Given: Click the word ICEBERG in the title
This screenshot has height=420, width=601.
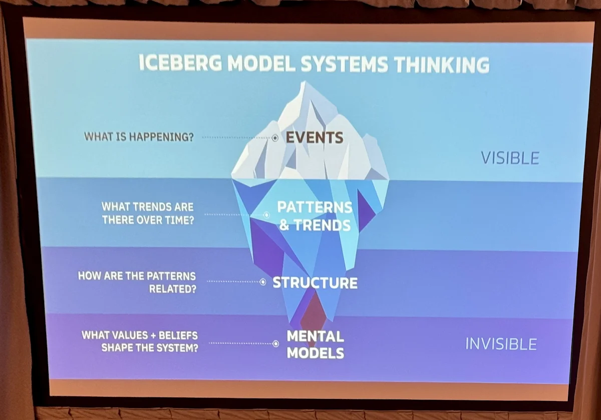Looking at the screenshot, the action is [x=180, y=62].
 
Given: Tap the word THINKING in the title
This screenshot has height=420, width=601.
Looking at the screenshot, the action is [x=442, y=65].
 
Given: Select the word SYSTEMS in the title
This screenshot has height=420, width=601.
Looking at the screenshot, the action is [x=344, y=64].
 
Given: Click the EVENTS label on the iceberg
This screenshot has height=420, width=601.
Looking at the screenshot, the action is [x=315, y=137].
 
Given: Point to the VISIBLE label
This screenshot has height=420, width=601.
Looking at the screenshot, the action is [x=510, y=158].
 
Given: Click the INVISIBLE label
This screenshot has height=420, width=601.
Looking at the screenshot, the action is [x=501, y=344].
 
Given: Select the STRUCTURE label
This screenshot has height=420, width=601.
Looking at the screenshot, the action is [x=315, y=282].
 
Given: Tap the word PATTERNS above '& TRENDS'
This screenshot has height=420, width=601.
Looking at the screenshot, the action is [x=315, y=207].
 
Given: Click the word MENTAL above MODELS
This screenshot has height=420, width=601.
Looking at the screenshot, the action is [x=315, y=336].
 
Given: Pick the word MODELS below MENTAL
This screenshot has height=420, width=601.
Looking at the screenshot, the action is [x=315, y=353].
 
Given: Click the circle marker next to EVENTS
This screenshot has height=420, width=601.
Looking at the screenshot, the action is [x=275, y=138].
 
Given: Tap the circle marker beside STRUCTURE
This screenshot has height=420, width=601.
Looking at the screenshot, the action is [x=263, y=282].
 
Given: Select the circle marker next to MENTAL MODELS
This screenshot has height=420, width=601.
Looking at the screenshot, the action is [x=275, y=343].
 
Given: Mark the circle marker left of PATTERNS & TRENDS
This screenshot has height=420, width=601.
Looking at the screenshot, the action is [x=266, y=215].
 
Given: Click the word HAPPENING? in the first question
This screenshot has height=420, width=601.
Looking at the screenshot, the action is [x=161, y=137].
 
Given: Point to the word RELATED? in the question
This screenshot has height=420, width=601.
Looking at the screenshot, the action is [x=172, y=289].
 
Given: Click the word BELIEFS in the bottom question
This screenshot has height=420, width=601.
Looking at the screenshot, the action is [x=178, y=335].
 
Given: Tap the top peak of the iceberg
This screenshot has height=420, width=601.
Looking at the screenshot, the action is [x=304, y=81].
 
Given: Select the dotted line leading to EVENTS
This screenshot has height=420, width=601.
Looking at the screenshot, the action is [x=236, y=137].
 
